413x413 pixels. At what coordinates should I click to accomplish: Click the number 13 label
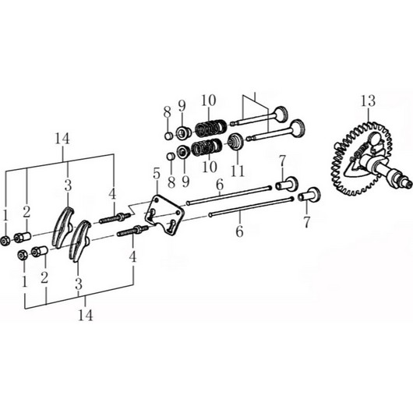pyautogui.click(x=368, y=101)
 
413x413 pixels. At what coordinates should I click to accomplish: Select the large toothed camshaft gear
pyautogui.click(x=362, y=158)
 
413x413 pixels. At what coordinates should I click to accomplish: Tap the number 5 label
pyautogui.click(x=157, y=174)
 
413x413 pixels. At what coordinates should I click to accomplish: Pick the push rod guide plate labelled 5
pyautogui.click(x=164, y=214)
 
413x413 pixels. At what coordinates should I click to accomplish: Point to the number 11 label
pyautogui.click(x=238, y=170)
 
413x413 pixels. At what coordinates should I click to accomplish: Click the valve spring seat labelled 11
pyautogui.click(x=235, y=142)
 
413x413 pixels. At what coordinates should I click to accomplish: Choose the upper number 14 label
pyautogui.click(x=62, y=139)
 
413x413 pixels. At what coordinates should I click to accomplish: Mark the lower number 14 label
pyautogui.click(x=86, y=315)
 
